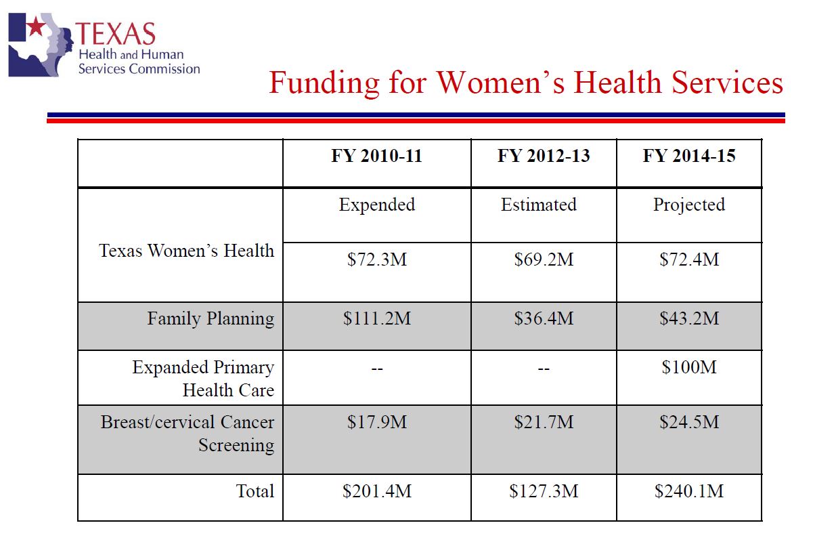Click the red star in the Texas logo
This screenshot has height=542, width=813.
tap(35, 28)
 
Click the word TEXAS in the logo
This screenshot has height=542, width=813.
tap(116, 33)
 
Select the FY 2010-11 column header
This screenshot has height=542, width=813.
tap(376, 157)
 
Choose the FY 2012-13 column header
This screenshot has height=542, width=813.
tap(544, 157)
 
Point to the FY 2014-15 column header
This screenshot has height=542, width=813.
tap(689, 157)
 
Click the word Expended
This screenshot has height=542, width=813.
tap(376, 205)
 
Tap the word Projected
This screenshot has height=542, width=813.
tap(689, 205)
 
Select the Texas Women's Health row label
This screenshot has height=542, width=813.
tap(186, 251)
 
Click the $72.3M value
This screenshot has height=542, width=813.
tap(376, 259)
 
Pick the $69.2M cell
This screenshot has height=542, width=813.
tap(544, 259)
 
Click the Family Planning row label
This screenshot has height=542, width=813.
tap(211, 318)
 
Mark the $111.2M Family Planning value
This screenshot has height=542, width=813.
tap(376, 318)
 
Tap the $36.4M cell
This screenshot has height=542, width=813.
tap(544, 318)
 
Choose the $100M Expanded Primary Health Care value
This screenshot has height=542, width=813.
tap(689, 368)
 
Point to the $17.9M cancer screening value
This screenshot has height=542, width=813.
tap(376, 422)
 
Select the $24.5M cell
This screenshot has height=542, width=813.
tap(689, 422)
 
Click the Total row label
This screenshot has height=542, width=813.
tap(255, 491)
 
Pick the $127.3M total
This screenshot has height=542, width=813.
tap(544, 491)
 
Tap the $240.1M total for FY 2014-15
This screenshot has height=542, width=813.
tap(689, 491)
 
